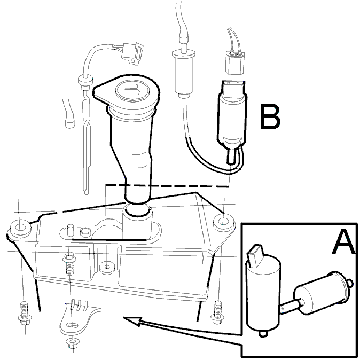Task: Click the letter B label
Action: (x=270, y=116)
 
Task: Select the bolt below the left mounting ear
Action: (x=25, y=314)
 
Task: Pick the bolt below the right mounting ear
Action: (x=217, y=312)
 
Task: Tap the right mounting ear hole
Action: (x=223, y=221)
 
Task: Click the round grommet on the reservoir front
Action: (x=107, y=267)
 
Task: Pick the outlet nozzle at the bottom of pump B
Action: (x=231, y=156)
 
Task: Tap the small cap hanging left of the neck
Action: (x=70, y=122)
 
